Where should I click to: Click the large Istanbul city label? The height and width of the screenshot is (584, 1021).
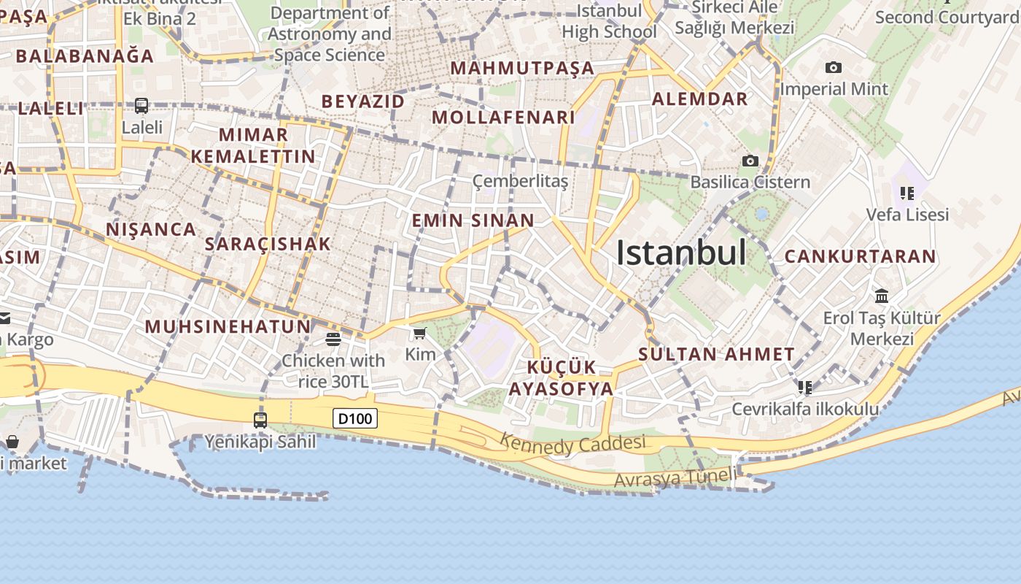[681, 253]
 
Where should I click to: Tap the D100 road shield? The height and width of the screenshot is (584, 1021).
[356, 418]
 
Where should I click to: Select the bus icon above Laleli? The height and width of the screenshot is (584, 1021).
[141, 106]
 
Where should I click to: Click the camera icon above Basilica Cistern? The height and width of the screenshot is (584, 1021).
[750, 161]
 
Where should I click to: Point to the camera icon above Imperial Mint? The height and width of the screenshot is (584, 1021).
[834, 68]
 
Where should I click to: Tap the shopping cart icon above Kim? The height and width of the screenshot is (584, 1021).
[419, 334]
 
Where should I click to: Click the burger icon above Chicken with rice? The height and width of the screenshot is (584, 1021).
[333, 339]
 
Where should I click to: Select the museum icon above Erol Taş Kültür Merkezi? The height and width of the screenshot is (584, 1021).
[882, 296]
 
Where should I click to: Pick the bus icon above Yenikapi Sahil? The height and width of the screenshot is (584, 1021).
[260, 420]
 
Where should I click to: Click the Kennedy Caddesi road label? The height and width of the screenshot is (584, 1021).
[573, 443]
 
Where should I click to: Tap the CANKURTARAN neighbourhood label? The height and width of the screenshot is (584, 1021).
[860, 256]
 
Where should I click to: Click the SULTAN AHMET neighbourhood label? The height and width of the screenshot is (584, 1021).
[716, 355]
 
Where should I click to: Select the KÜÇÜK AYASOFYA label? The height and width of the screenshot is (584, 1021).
[561, 377]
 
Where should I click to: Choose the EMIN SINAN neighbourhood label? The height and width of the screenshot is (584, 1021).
[473, 220]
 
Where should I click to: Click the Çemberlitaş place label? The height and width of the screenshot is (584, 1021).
[520, 181]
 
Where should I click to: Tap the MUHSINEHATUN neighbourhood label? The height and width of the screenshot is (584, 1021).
[228, 326]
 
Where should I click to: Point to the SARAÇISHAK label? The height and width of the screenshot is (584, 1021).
[268, 244]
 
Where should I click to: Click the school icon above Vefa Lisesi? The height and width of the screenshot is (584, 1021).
[907, 193]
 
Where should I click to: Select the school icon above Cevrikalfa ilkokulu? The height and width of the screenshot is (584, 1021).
[805, 387]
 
